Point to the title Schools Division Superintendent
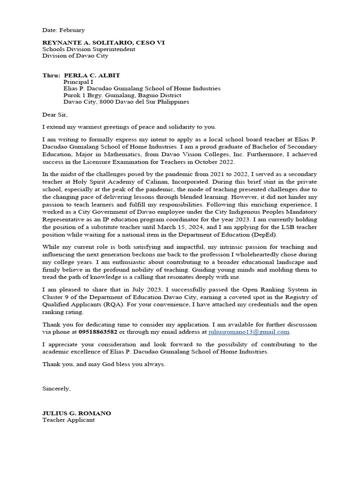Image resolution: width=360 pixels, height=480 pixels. click(x=89, y=49)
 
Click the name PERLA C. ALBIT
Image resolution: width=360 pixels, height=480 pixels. click(x=92, y=75)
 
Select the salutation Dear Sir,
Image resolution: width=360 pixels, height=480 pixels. click(x=55, y=115)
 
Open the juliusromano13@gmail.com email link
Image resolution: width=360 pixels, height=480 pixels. click(x=249, y=332)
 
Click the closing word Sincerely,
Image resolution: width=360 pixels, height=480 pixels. click(x=57, y=389)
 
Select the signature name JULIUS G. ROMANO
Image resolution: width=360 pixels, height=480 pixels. click(x=77, y=413)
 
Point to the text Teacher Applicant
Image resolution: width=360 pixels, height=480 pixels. click(x=68, y=420)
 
